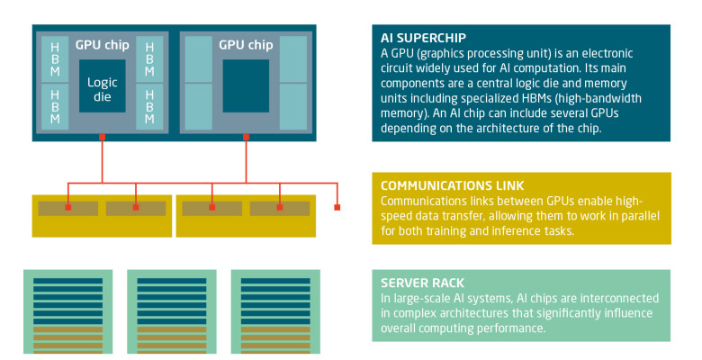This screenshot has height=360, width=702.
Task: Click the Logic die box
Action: point(102,87)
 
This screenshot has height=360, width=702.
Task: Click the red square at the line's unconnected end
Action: point(337,208)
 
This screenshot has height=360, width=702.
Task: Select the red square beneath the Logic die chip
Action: point(102,138)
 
